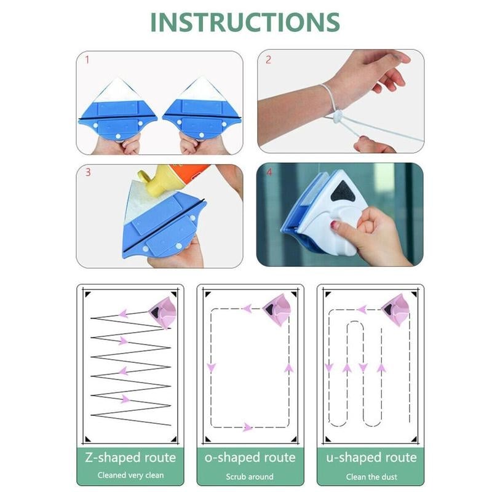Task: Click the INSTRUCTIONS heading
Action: click(x=245, y=22)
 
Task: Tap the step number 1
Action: click(x=87, y=60)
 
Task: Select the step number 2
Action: click(x=268, y=60)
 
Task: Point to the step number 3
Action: click(x=87, y=172)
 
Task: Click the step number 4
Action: click(x=268, y=172)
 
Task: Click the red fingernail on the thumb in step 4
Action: click(x=335, y=225)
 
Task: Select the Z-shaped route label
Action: click(x=130, y=458)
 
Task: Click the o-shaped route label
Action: click(x=250, y=458)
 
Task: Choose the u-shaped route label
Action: click(x=370, y=458)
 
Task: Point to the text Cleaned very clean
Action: click(x=130, y=475)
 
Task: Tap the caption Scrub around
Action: click(x=250, y=475)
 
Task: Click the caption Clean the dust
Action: click(x=370, y=475)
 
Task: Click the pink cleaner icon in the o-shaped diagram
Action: click(x=277, y=309)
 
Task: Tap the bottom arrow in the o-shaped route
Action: click(x=247, y=427)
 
